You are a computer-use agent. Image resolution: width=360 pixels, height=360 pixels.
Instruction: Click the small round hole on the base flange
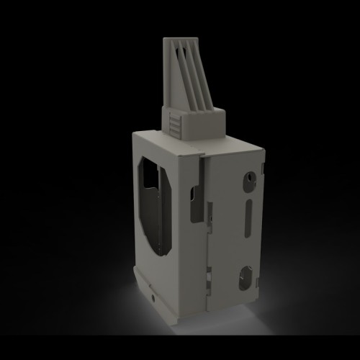click(x=152, y=295)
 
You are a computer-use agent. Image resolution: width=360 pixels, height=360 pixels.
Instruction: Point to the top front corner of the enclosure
click(x=199, y=155)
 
